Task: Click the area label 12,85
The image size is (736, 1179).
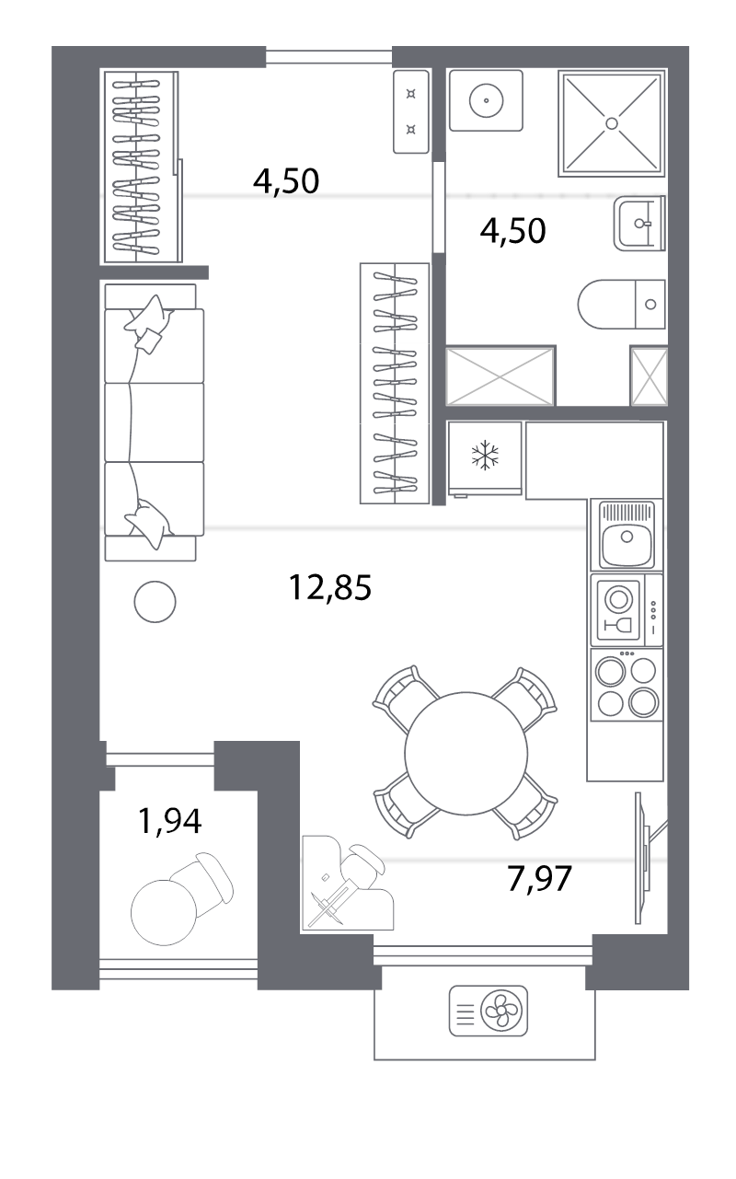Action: click(x=330, y=587)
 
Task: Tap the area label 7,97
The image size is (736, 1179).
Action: click(x=539, y=878)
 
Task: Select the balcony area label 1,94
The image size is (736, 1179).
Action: click(x=169, y=821)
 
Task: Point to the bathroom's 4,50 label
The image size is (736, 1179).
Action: click(x=513, y=230)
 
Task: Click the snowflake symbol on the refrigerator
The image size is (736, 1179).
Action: click(x=485, y=456)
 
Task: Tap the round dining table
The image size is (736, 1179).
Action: click(x=466, y=754)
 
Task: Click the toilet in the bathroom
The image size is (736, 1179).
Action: click(x=621, y=305)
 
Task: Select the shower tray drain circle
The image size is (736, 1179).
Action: click(x=611, y=123)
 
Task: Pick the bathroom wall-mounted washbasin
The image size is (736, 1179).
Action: click(x=639, y=223)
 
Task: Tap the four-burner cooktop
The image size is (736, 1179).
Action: click(x=627, y=685)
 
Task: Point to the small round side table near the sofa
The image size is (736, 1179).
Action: click(x=155, y=602)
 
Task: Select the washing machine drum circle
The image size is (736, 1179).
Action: click(x=486, y=100)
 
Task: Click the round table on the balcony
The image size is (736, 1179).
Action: click(x=164, y=912)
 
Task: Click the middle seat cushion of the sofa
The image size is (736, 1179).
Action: click(x=155, y=422)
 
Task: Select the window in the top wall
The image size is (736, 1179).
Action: click(x=328, y=57)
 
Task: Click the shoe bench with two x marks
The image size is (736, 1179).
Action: click(x=411, y=111)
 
